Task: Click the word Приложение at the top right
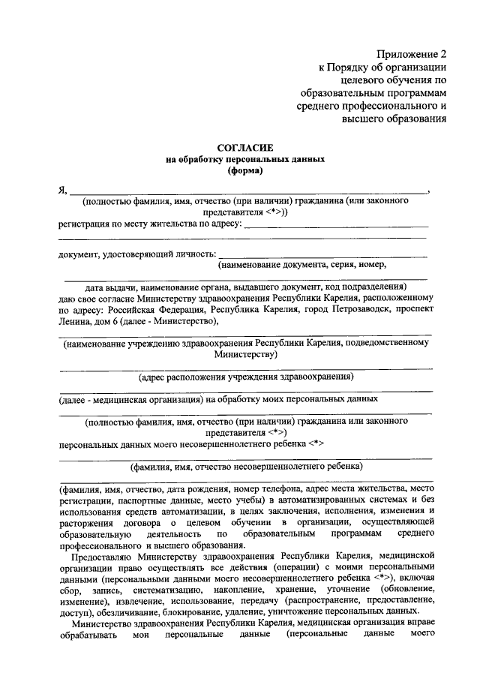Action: click(406, 55)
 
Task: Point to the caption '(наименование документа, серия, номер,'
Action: click(302, 265)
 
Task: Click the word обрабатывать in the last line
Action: click(88, 640)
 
